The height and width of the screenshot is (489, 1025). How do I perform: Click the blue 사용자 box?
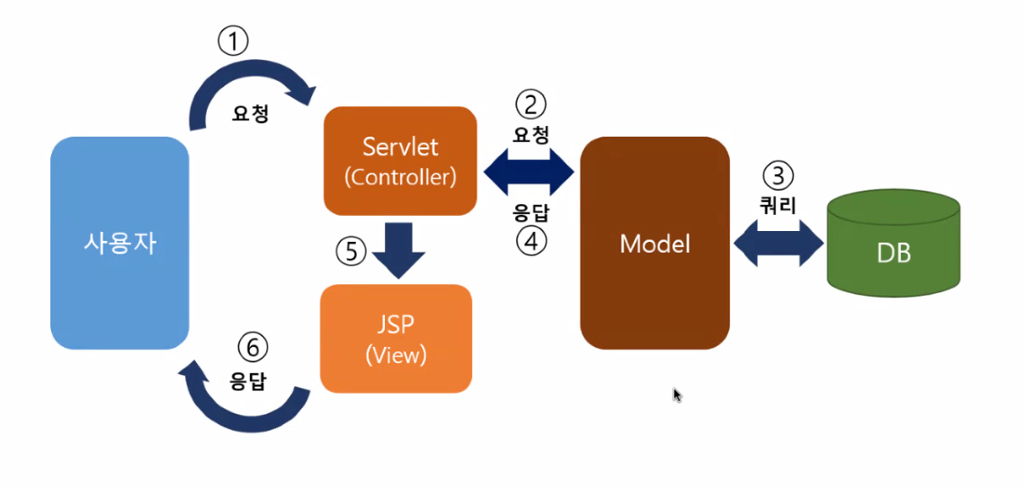coord(120,244)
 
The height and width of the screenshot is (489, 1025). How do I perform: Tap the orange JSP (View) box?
coord(397,339)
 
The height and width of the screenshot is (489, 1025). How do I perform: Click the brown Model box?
coord(655,244)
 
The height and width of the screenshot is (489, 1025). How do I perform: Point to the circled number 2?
coord(530,105)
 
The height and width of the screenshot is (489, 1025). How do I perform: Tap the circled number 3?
coord(778,176)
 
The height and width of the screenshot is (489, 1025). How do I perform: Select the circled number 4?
coord(530,242)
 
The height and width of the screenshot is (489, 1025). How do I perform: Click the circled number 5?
coord(351,252)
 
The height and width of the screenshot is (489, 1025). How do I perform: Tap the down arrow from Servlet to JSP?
coord(397,251)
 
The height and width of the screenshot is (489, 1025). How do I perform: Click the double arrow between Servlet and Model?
coord(529,173)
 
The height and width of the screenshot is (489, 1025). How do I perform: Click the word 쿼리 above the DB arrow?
coord(778,206)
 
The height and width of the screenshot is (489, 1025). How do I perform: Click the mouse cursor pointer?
coord(677,395)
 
